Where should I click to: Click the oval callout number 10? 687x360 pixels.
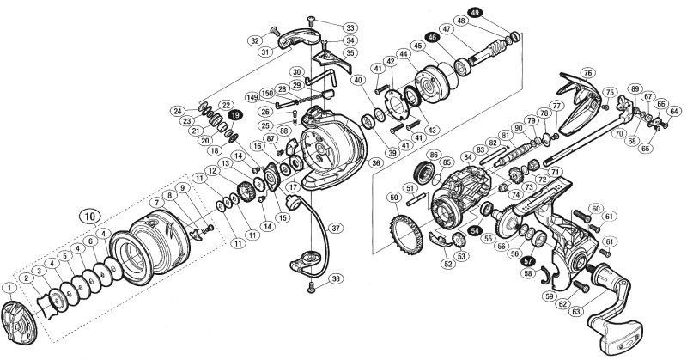coord(88,215)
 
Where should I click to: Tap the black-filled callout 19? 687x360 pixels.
coord(234,113)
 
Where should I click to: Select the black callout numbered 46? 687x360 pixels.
coord(433,38)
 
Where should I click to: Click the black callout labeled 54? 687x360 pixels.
coord(474,230)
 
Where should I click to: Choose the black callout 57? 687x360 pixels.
coord(528,262)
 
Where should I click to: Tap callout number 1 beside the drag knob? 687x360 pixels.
coord(9,286)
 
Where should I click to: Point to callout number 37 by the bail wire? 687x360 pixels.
coord(336,228)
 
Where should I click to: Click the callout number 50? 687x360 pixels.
coord(393,198)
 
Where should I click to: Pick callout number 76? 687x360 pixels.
coord(587,73)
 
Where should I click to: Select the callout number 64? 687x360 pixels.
coord(674,111)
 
